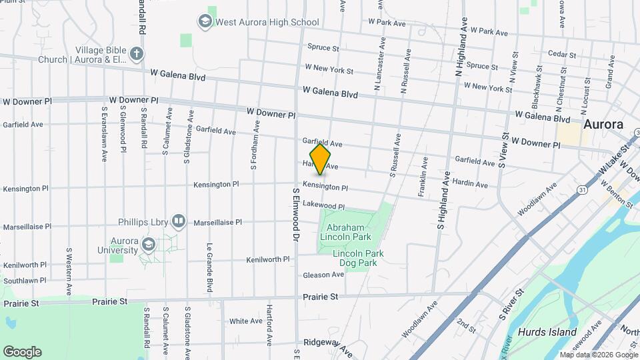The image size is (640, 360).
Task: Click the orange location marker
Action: click(x=320, y=159)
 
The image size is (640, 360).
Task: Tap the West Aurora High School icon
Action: click(x=205, y=22)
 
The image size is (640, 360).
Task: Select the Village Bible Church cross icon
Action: click(x=137, y=53)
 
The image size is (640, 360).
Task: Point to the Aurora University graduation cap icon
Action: click(x=148, y=245)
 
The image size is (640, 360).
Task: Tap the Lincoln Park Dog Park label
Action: click(x=355, y=258)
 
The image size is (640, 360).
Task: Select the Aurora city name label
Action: click(x=603, y=124)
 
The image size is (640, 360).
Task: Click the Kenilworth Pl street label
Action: click(x=268, y=259)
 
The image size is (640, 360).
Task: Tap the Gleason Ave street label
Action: click(x=323, y=275)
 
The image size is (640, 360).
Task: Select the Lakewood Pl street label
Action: click(x=323, y=207)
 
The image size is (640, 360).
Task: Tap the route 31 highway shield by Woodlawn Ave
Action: click(x=582, y=191)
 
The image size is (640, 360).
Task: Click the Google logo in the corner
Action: click(x=22, y=351)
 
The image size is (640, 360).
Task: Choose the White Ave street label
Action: click(x=246, y=321)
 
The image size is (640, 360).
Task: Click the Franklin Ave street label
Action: click(x=422, y=177)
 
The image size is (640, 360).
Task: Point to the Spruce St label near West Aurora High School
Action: click(x=323, y=48)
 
